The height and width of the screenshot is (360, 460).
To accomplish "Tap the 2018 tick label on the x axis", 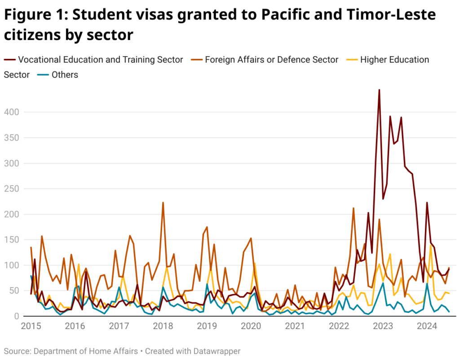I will (162, 326).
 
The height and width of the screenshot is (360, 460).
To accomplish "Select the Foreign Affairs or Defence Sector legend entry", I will (271, 60).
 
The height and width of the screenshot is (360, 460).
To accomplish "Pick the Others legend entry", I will (65, 75).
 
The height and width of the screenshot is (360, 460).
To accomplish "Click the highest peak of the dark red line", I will (379, 90).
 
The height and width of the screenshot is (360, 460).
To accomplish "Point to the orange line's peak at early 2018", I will (163, 202).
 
